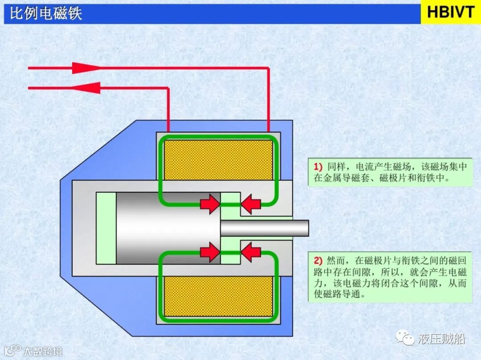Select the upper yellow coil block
(x=218, y=159)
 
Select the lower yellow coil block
(x=218, y=296)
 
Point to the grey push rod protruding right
(x=265, y=228)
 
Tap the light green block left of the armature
(x=106, y=228)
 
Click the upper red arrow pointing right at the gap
(x=210, y=204)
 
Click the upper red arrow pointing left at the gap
(x=251, y=204)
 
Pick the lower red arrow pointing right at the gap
(x=210, y=252)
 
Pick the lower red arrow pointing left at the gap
(x=251, y=252)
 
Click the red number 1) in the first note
(x=317, y=167)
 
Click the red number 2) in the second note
(x=317, y=260)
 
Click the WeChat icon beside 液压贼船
(x=405, y=339)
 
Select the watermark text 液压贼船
(x=442, y=339)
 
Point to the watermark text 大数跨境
(x=43, y=351)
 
